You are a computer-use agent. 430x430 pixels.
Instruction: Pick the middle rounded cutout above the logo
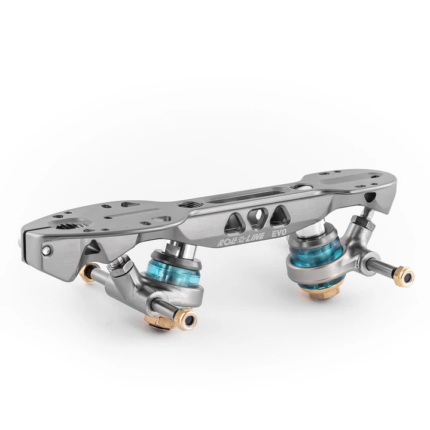point(257,216)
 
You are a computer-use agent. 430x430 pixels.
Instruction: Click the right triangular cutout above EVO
point(279,216)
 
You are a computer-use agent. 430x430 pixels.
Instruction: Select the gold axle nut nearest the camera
point(186,319)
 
